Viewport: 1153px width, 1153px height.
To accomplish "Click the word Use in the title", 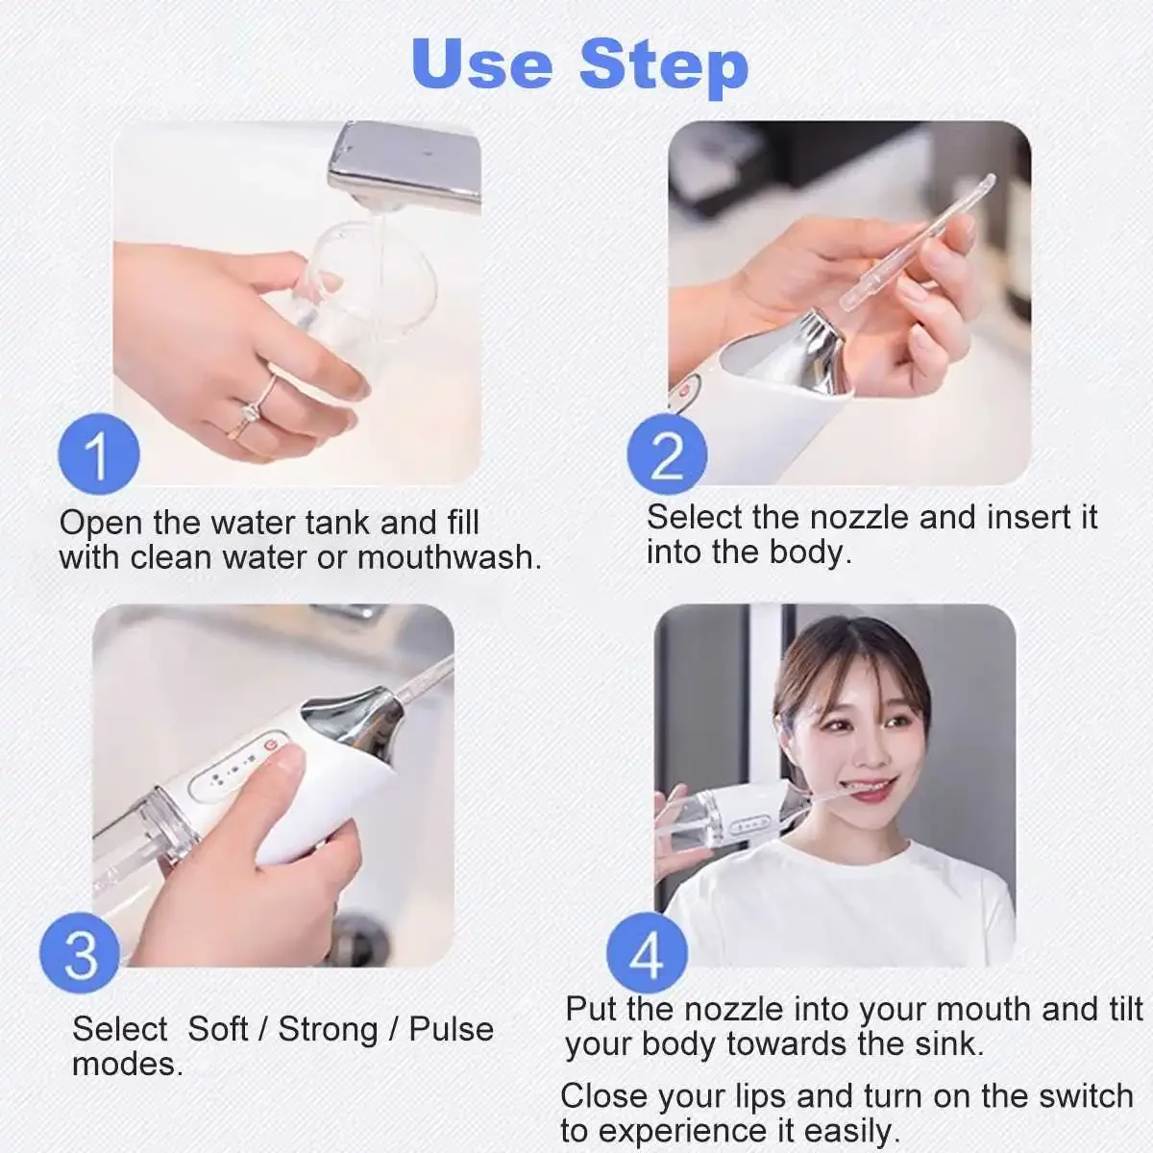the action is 482,63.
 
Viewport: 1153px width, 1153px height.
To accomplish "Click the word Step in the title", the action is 664,68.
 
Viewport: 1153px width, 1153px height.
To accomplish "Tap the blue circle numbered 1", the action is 99,454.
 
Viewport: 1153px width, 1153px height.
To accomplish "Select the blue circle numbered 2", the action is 667,454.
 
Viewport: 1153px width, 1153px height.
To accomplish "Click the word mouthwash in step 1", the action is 449,557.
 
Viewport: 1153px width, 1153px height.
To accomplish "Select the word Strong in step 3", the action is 328,1030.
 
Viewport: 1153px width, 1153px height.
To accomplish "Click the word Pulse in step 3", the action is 452,1030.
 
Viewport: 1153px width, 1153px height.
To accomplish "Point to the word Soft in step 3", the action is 218,1029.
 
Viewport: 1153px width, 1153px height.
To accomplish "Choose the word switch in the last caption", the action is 1086,1096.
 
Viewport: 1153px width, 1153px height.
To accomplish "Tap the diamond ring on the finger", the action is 250,411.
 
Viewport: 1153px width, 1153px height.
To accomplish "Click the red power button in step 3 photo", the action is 272,745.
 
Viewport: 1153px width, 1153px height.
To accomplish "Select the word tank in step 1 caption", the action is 338,523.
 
